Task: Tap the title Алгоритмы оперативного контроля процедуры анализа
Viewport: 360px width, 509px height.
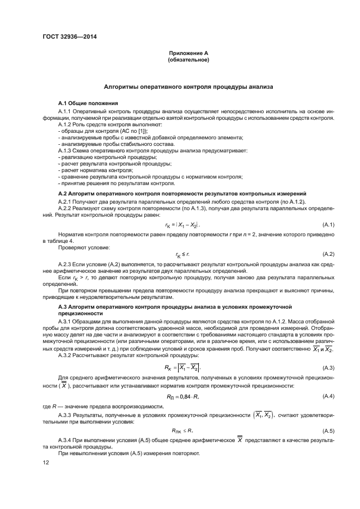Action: click(x=188, y=87)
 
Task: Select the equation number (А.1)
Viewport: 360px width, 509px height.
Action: click(x=328, y=224)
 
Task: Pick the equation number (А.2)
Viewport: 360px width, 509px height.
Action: click(x=328, y=254)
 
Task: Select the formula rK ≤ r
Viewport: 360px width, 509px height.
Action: click(x=182, y=254)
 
